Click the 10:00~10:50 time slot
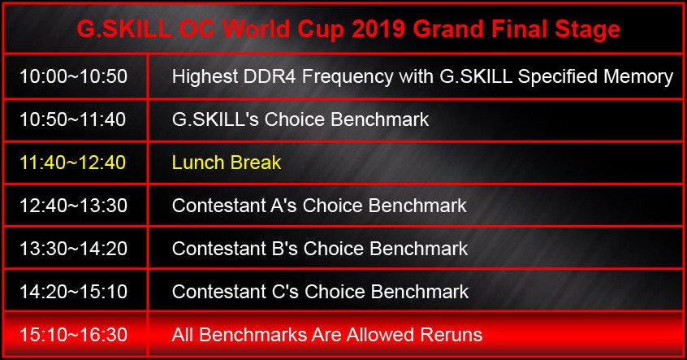click(74, 76)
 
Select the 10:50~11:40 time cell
click(73, 119)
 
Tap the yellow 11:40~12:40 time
click(73, 163)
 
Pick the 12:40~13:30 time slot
click(74, 206)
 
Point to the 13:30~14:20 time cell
click(74, 248)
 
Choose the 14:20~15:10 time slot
click(74, 291)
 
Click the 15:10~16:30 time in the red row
click(74, 335)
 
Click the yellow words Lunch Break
click(227, 163)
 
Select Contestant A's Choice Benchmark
click(319, 206)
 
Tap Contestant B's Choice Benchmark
click(320, 248)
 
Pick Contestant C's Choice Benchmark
click(320, 291)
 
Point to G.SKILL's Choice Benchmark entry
click(300, 119)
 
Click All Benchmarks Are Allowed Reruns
click(327, 335)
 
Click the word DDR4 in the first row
click(270, 76)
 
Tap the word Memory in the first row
click(638, 77)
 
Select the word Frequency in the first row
click(348, 77)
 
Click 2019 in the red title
click(379, 29)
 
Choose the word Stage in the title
click(588, 30)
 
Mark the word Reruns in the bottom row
click(452, 335)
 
